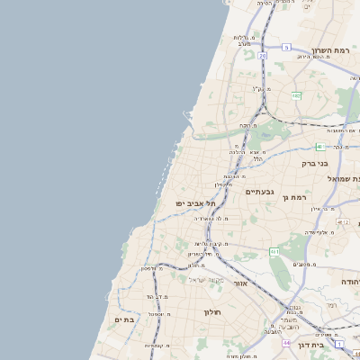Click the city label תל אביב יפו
point(195,203)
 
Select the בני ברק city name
point(319,164)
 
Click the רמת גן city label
point(294,197)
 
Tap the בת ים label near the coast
point(123,319)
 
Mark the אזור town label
point(240,283)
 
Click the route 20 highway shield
point(262,56)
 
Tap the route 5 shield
point(286,47)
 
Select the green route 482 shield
point(295,94)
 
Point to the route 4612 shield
point(341,220)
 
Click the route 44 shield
point(285,343)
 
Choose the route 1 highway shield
point(338,344)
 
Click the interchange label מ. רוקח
point(246,125)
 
